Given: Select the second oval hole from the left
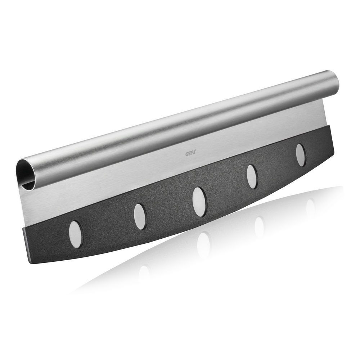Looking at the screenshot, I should (x=140, y=216).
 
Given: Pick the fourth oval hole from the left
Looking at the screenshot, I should (x=252, y=177).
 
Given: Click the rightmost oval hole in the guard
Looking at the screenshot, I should (x=301, y=155).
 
